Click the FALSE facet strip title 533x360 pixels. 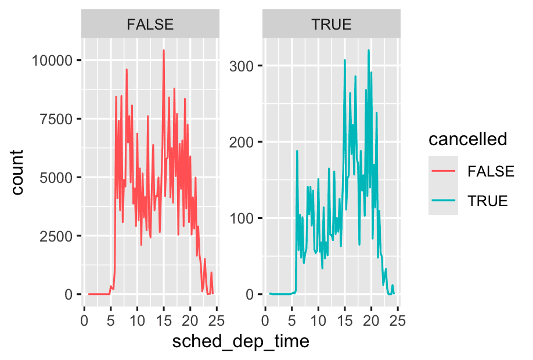click(x=150, y=24)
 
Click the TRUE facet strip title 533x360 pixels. click(x=332, y=24)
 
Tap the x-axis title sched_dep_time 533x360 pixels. click(x=240, y=342)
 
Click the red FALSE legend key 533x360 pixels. click(x=443, y=171)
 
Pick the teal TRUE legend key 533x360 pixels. click(x=443, y=201)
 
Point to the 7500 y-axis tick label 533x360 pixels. click(x=53, y=119)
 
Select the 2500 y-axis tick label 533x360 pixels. click(x=53, y=236)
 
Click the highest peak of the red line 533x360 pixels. click(x=164, y=50)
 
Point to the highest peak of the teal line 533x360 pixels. click(x=369, y=50)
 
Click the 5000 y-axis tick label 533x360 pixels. click(x=53, y=178)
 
